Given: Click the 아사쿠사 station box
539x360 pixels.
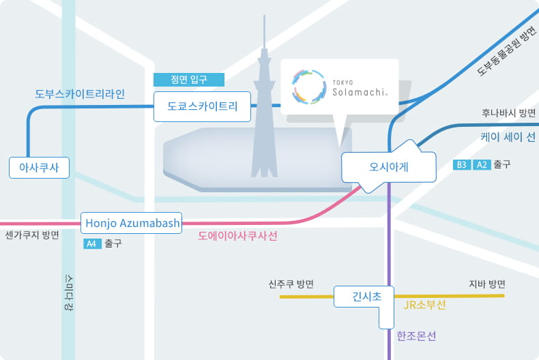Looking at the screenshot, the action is [x=39, y=168].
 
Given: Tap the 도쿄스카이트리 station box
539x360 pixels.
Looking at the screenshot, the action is [x=202, y=106].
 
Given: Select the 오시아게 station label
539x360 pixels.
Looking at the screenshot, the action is [x=389, y=167].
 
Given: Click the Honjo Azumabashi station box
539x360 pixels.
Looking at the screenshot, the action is [x=131, y=223].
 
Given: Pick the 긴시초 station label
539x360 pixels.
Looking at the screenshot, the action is [x=366, y=297].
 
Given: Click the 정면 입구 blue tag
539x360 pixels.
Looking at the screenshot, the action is [x=189, y=80].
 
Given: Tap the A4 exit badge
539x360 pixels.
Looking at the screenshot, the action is [x=92, y=244].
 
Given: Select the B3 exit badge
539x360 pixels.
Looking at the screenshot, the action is [x=462, y=165].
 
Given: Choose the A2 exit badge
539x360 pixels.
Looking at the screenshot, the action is [x=482, y=165].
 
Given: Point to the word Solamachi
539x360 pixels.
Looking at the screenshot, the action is [x=360, y=92].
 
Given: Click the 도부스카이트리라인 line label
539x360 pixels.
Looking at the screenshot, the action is [x=80, y=94].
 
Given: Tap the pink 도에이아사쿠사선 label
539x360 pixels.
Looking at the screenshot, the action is [x=237, y=236].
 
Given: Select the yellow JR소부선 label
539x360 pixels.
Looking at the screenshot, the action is [x=424, y=305].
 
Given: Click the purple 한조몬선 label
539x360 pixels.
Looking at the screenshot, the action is [x=416, y=335].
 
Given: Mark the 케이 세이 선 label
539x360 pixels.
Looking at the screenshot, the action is [x=508, y=137].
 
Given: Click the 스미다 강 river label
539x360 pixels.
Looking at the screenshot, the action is [x=69, y=292].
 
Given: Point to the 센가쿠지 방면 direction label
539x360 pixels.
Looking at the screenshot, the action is [x=32, y=235].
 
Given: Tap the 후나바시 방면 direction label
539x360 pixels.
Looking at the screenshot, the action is [x=508, y=112].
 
